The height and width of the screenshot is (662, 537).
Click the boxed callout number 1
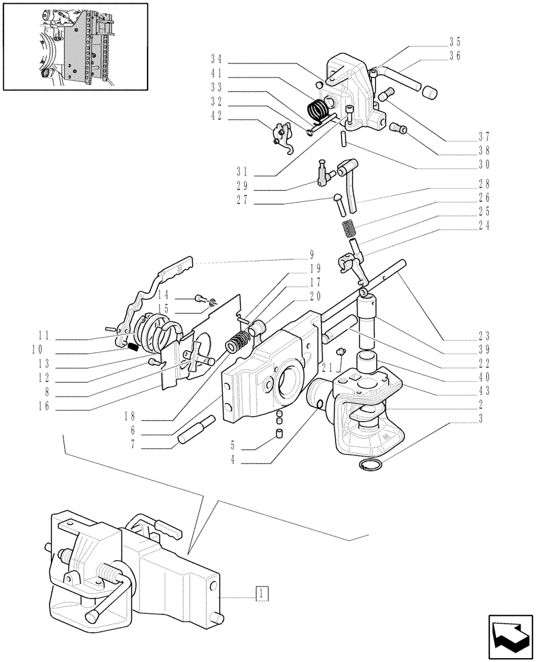coord(263,592)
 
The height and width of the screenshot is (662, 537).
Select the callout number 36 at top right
coord(454,56)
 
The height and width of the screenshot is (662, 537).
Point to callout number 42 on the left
coord(216,120)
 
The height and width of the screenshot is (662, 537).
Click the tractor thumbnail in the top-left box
coord(74,46)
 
